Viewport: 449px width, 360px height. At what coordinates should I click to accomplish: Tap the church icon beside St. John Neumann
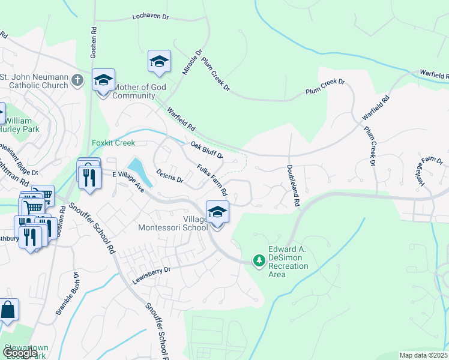77,80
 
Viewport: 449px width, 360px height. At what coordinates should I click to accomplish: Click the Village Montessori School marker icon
217,212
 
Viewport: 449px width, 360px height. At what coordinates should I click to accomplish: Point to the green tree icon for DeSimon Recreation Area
259,261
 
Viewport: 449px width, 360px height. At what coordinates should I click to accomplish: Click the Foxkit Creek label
113,143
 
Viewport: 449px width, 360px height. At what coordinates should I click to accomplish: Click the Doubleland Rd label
292,186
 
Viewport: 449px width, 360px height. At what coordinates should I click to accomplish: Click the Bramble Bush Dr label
67,293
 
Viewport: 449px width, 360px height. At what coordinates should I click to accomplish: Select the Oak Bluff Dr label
207,149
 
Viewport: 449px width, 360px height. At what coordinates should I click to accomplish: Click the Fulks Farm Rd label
212,181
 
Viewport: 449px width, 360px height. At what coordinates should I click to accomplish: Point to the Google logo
19,353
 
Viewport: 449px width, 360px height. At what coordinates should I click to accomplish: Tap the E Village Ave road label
129,181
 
